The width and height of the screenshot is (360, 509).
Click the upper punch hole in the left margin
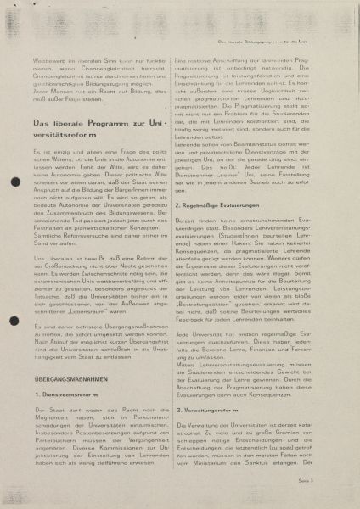pyautogui.click(x=13, y=182)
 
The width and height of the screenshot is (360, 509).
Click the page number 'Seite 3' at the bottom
pyautogui.click(x=329, y=481)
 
